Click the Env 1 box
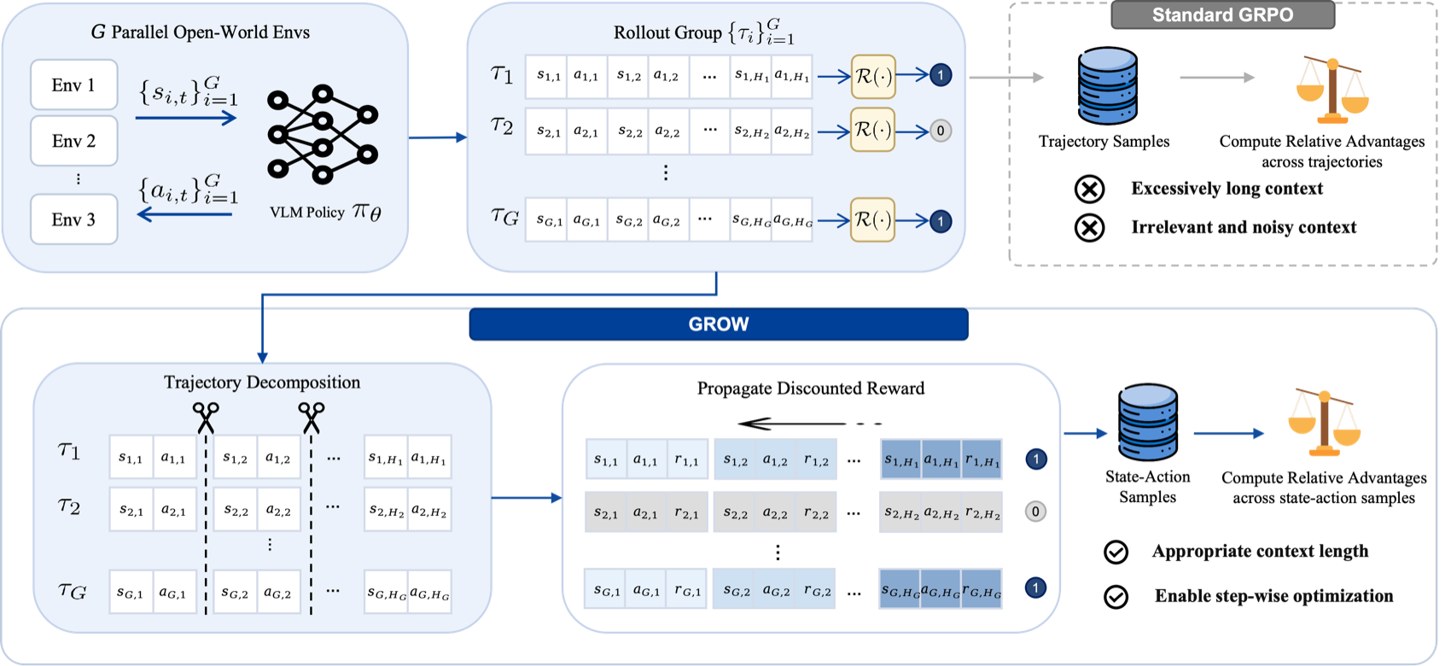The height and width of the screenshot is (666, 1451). click(x=74, y=85)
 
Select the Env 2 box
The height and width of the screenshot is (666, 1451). click(x=74, y=141)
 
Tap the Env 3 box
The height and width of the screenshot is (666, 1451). click(x=74, y=219)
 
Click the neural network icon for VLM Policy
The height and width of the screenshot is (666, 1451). click(x=323, y=135)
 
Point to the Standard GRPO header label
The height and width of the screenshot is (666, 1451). click(x=1223, y=15)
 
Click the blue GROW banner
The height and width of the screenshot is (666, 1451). click(x=719, y=324)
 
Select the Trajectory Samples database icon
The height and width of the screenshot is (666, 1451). click(x=1107, y=85)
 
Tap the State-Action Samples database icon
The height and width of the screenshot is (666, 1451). click(x=1148, y=422)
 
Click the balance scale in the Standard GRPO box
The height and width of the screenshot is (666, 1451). click(x=1332, y=91)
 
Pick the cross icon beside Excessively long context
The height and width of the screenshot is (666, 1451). click(x=1090, y=190)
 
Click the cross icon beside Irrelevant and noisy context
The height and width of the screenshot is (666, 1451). click(x=1090, y=228)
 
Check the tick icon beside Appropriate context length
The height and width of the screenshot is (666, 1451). click(x=1116, y=552)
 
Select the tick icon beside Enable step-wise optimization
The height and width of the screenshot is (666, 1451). click(x=1116, y=597)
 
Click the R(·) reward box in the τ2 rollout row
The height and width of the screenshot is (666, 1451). click(x=873, y=131)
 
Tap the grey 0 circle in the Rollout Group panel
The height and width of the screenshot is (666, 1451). click(x=941, y=131)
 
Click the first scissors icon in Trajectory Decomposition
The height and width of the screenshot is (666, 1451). click(x=206, y=418)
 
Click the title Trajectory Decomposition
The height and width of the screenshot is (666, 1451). click(x=262, y=383)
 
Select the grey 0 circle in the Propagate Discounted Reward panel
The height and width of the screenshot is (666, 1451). click(x=1036, y=511)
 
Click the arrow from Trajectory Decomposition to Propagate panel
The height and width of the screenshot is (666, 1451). click(x=527, y=498)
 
